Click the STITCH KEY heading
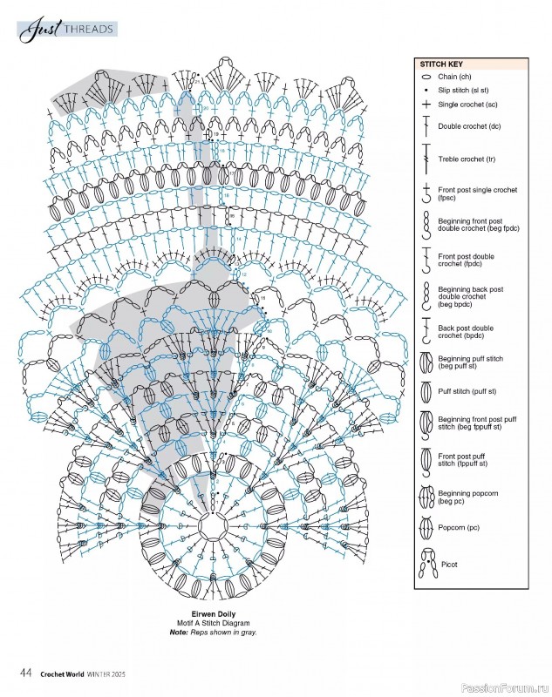(x=441, y=64)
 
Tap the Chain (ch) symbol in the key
(x=426, y=78)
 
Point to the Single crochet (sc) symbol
(x=426, y=105)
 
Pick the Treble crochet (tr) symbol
(x=426, y=159)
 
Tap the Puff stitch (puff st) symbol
(x=426, y=390)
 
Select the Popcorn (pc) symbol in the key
(x=426, y=528)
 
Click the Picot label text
(x=449, y=565)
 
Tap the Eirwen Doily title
(x=209, y=616)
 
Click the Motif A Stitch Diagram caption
(x=209, y=624)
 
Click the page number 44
(x=26, y=673)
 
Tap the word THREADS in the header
(x=86, y=30)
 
